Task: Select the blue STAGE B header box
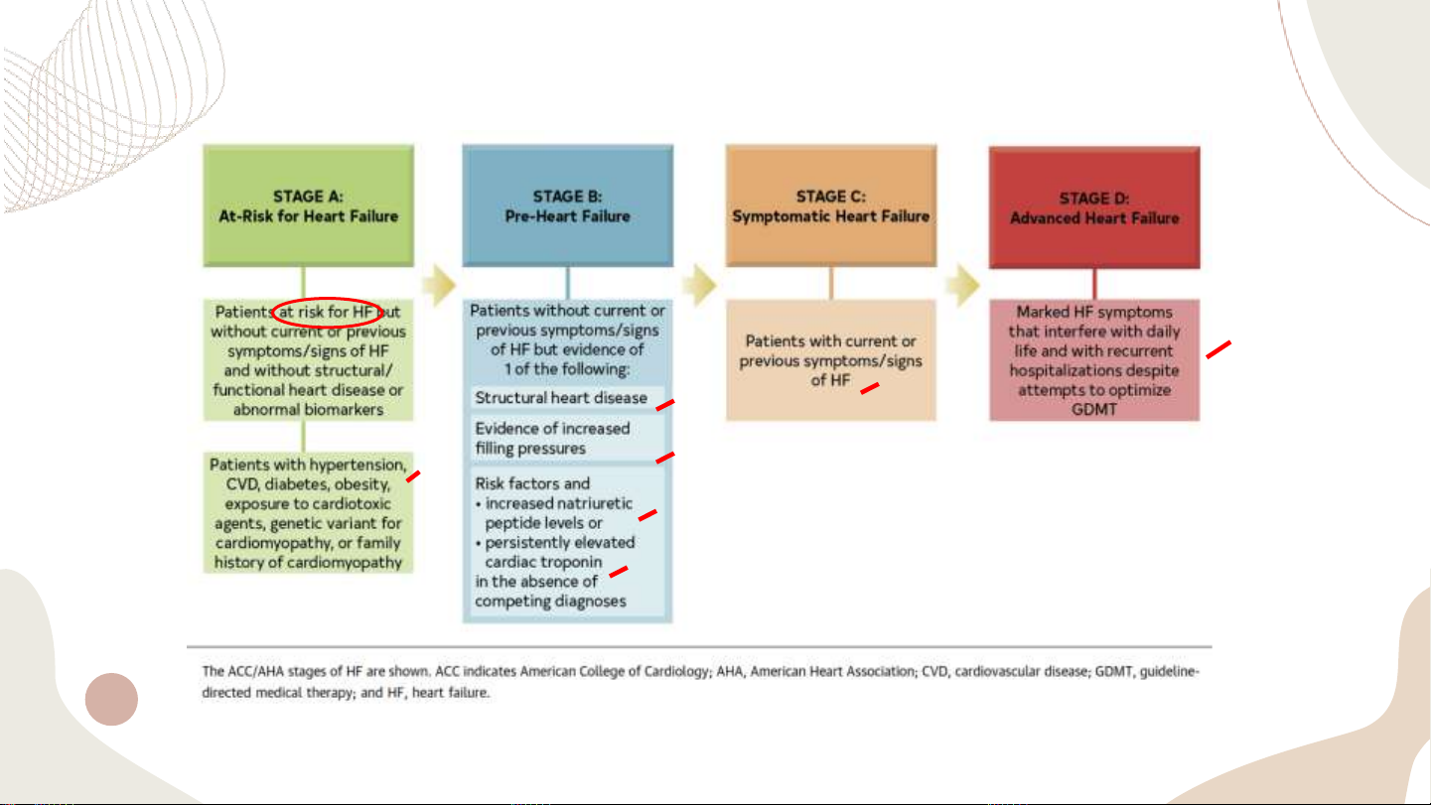[567, 205]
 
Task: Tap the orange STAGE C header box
[830, 205]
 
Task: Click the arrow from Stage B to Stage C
[700, 288]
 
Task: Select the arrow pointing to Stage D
[962, 288]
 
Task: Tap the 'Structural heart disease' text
[561, 398]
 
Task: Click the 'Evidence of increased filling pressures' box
[566, 438]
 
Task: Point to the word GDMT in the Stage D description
[1093, 409]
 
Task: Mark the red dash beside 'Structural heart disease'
[665, 402]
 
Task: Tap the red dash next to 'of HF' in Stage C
[870, 388]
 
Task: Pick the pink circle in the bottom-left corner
[111, 699]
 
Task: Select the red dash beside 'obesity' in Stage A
[414, 477]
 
